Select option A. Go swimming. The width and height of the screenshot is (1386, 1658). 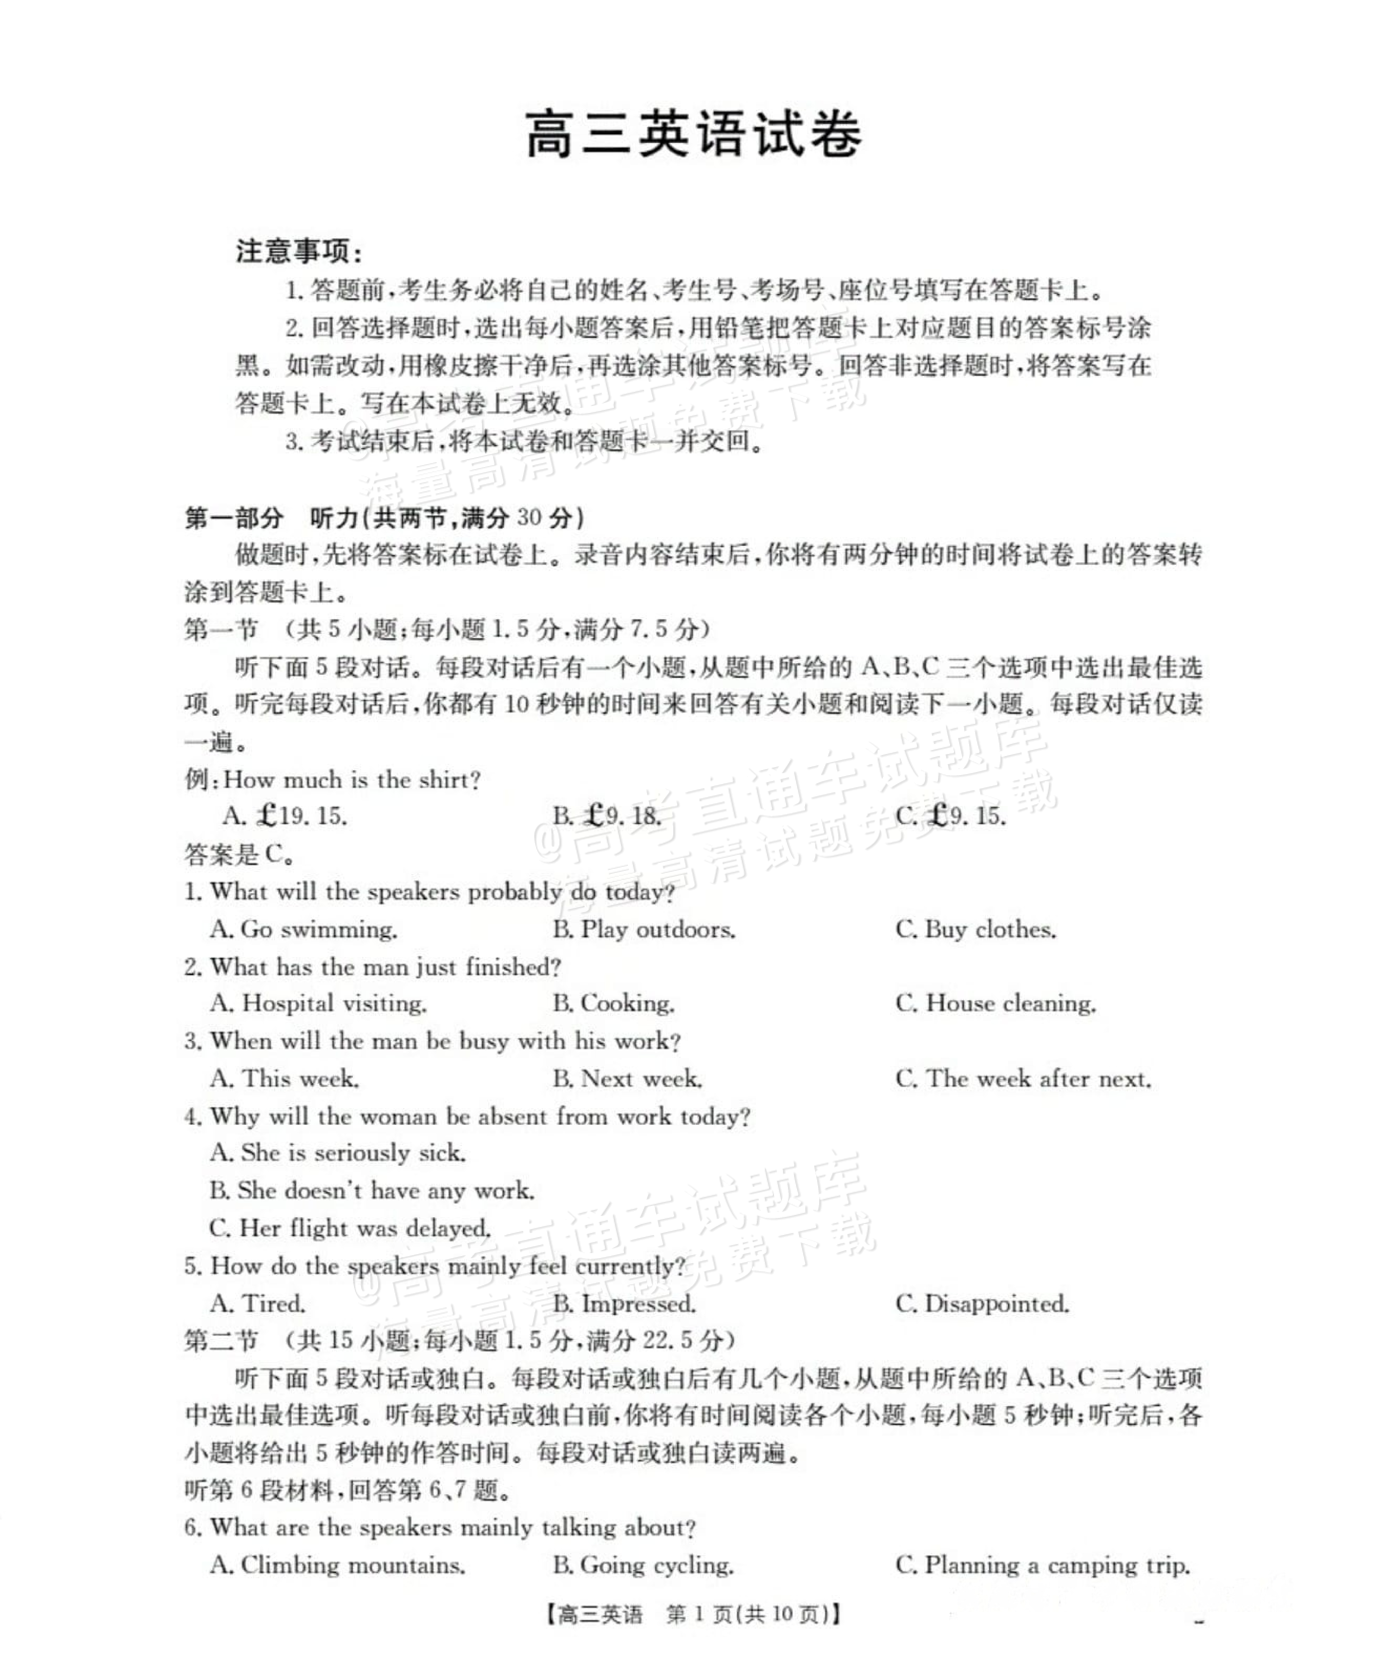coord(304,929)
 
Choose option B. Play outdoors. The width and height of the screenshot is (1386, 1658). coord(644,929)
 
